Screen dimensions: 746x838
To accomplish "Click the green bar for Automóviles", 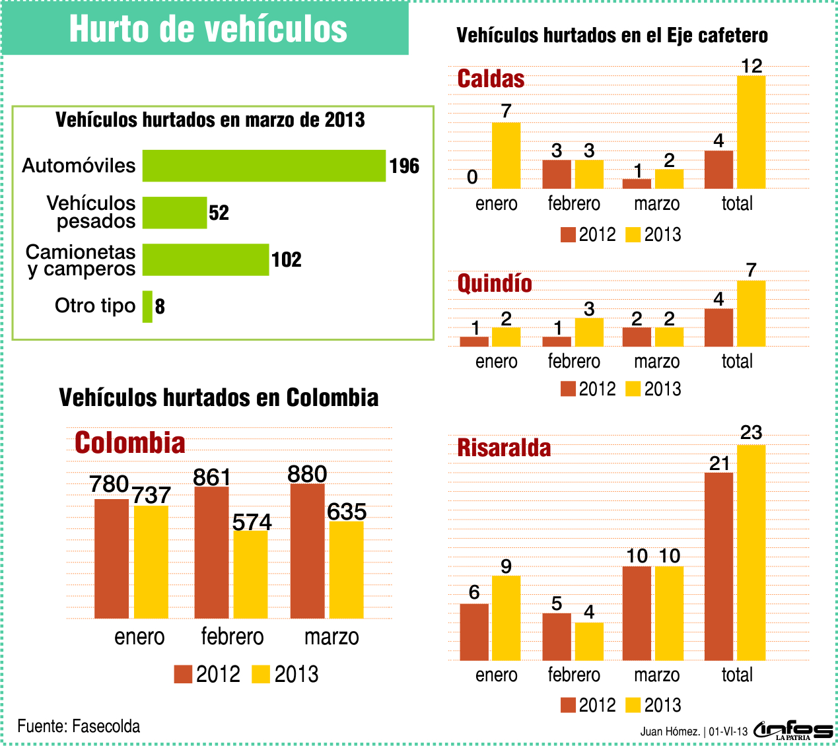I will coord(263,166).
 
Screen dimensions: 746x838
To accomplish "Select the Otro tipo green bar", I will coord(147,307).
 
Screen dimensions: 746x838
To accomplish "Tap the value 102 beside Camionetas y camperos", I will coord(287,260).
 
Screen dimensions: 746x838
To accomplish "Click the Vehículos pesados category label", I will coord(90,212).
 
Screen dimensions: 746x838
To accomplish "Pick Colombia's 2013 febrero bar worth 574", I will coord(250,574).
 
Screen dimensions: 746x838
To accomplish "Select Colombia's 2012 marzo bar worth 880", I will coord(307,551).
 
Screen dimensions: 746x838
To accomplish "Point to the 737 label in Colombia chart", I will coord(152,495).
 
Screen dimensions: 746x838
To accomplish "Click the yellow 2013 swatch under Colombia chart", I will coord(262,674).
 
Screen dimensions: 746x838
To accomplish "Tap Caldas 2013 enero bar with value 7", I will coord(506,155).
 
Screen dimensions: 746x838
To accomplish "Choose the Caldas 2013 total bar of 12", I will coord(751,132).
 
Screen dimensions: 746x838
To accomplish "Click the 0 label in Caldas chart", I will coord(472,177).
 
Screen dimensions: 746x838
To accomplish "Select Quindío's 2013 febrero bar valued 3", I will coord(589,332).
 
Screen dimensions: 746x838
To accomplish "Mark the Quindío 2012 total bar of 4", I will coord(718,327).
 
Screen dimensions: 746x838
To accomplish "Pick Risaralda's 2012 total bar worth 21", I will coord(718,566).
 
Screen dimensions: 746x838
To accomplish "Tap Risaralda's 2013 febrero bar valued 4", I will coord(589,641).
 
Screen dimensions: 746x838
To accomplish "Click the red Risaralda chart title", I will coord(504,448).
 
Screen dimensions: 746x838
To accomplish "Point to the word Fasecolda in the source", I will coord(106,726).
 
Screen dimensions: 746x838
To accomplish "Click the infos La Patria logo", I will coord(793,729).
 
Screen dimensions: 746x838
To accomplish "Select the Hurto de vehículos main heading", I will coord(208,29).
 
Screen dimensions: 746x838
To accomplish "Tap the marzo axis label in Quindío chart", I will coord(656,361).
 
